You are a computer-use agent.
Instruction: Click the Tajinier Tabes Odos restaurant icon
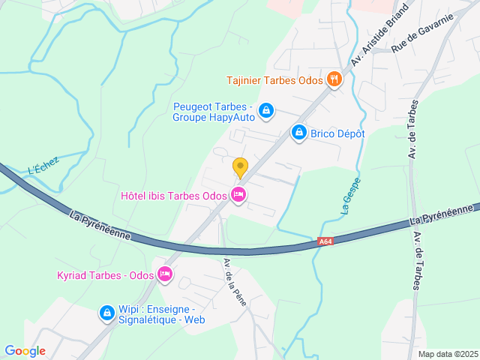point(334,79)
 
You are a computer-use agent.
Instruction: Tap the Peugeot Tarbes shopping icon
point(265,112)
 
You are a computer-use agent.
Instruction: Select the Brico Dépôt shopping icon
point(299,133)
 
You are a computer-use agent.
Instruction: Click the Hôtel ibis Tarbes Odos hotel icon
point(238,196)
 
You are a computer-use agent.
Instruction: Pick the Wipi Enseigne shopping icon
point(107,313)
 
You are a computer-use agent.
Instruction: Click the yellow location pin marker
point(240,167)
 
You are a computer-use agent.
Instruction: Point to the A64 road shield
point(325,241)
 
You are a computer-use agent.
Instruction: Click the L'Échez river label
point(42,169)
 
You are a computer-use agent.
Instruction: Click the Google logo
point(25,351)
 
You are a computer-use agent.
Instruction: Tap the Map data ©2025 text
point(447,354)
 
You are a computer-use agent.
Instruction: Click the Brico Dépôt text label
point(338,133)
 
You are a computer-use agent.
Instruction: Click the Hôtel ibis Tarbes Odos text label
point(174,196)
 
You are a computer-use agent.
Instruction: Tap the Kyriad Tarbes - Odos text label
point(106,275)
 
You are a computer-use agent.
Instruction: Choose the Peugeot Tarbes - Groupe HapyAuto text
point(213,112)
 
